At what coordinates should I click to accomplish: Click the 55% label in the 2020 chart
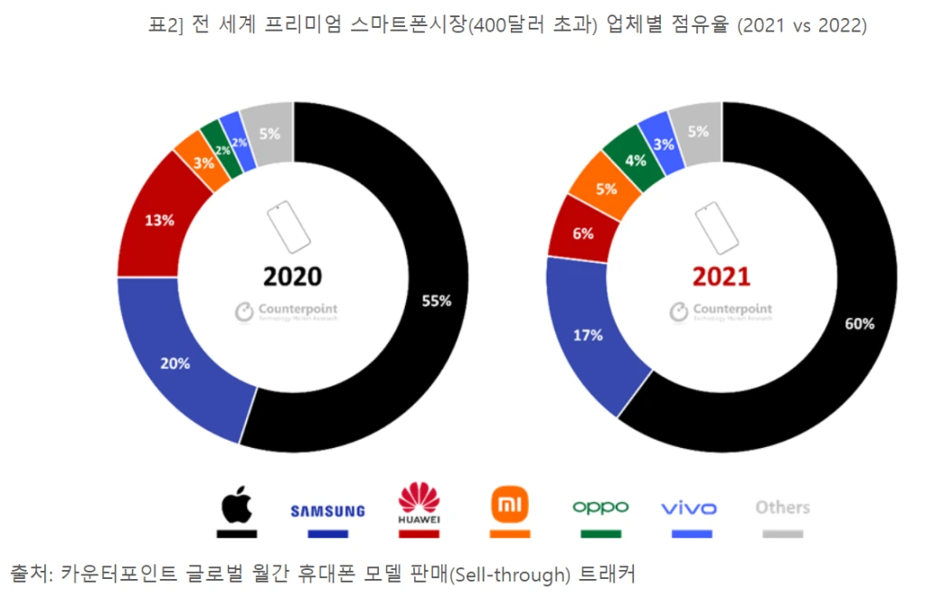click(436, 301)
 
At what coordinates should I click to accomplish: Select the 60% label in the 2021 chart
click(860, 323)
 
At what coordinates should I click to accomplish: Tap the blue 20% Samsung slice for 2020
click(175, 363)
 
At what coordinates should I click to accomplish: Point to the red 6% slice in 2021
click(583, 233)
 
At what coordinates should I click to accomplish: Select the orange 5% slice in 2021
click(606, 189)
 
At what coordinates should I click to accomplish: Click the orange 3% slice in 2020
click(203, 163)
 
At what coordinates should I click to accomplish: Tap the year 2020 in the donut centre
click(292, 275)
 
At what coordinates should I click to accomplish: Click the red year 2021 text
click(722, 275)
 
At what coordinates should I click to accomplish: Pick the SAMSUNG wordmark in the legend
click(327, 510)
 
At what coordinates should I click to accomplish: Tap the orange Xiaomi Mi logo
click(509, 504)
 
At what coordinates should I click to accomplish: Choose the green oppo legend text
click(599, 508)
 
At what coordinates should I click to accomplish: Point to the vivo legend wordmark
click(690, 508)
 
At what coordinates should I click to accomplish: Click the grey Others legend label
click(782, 508)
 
